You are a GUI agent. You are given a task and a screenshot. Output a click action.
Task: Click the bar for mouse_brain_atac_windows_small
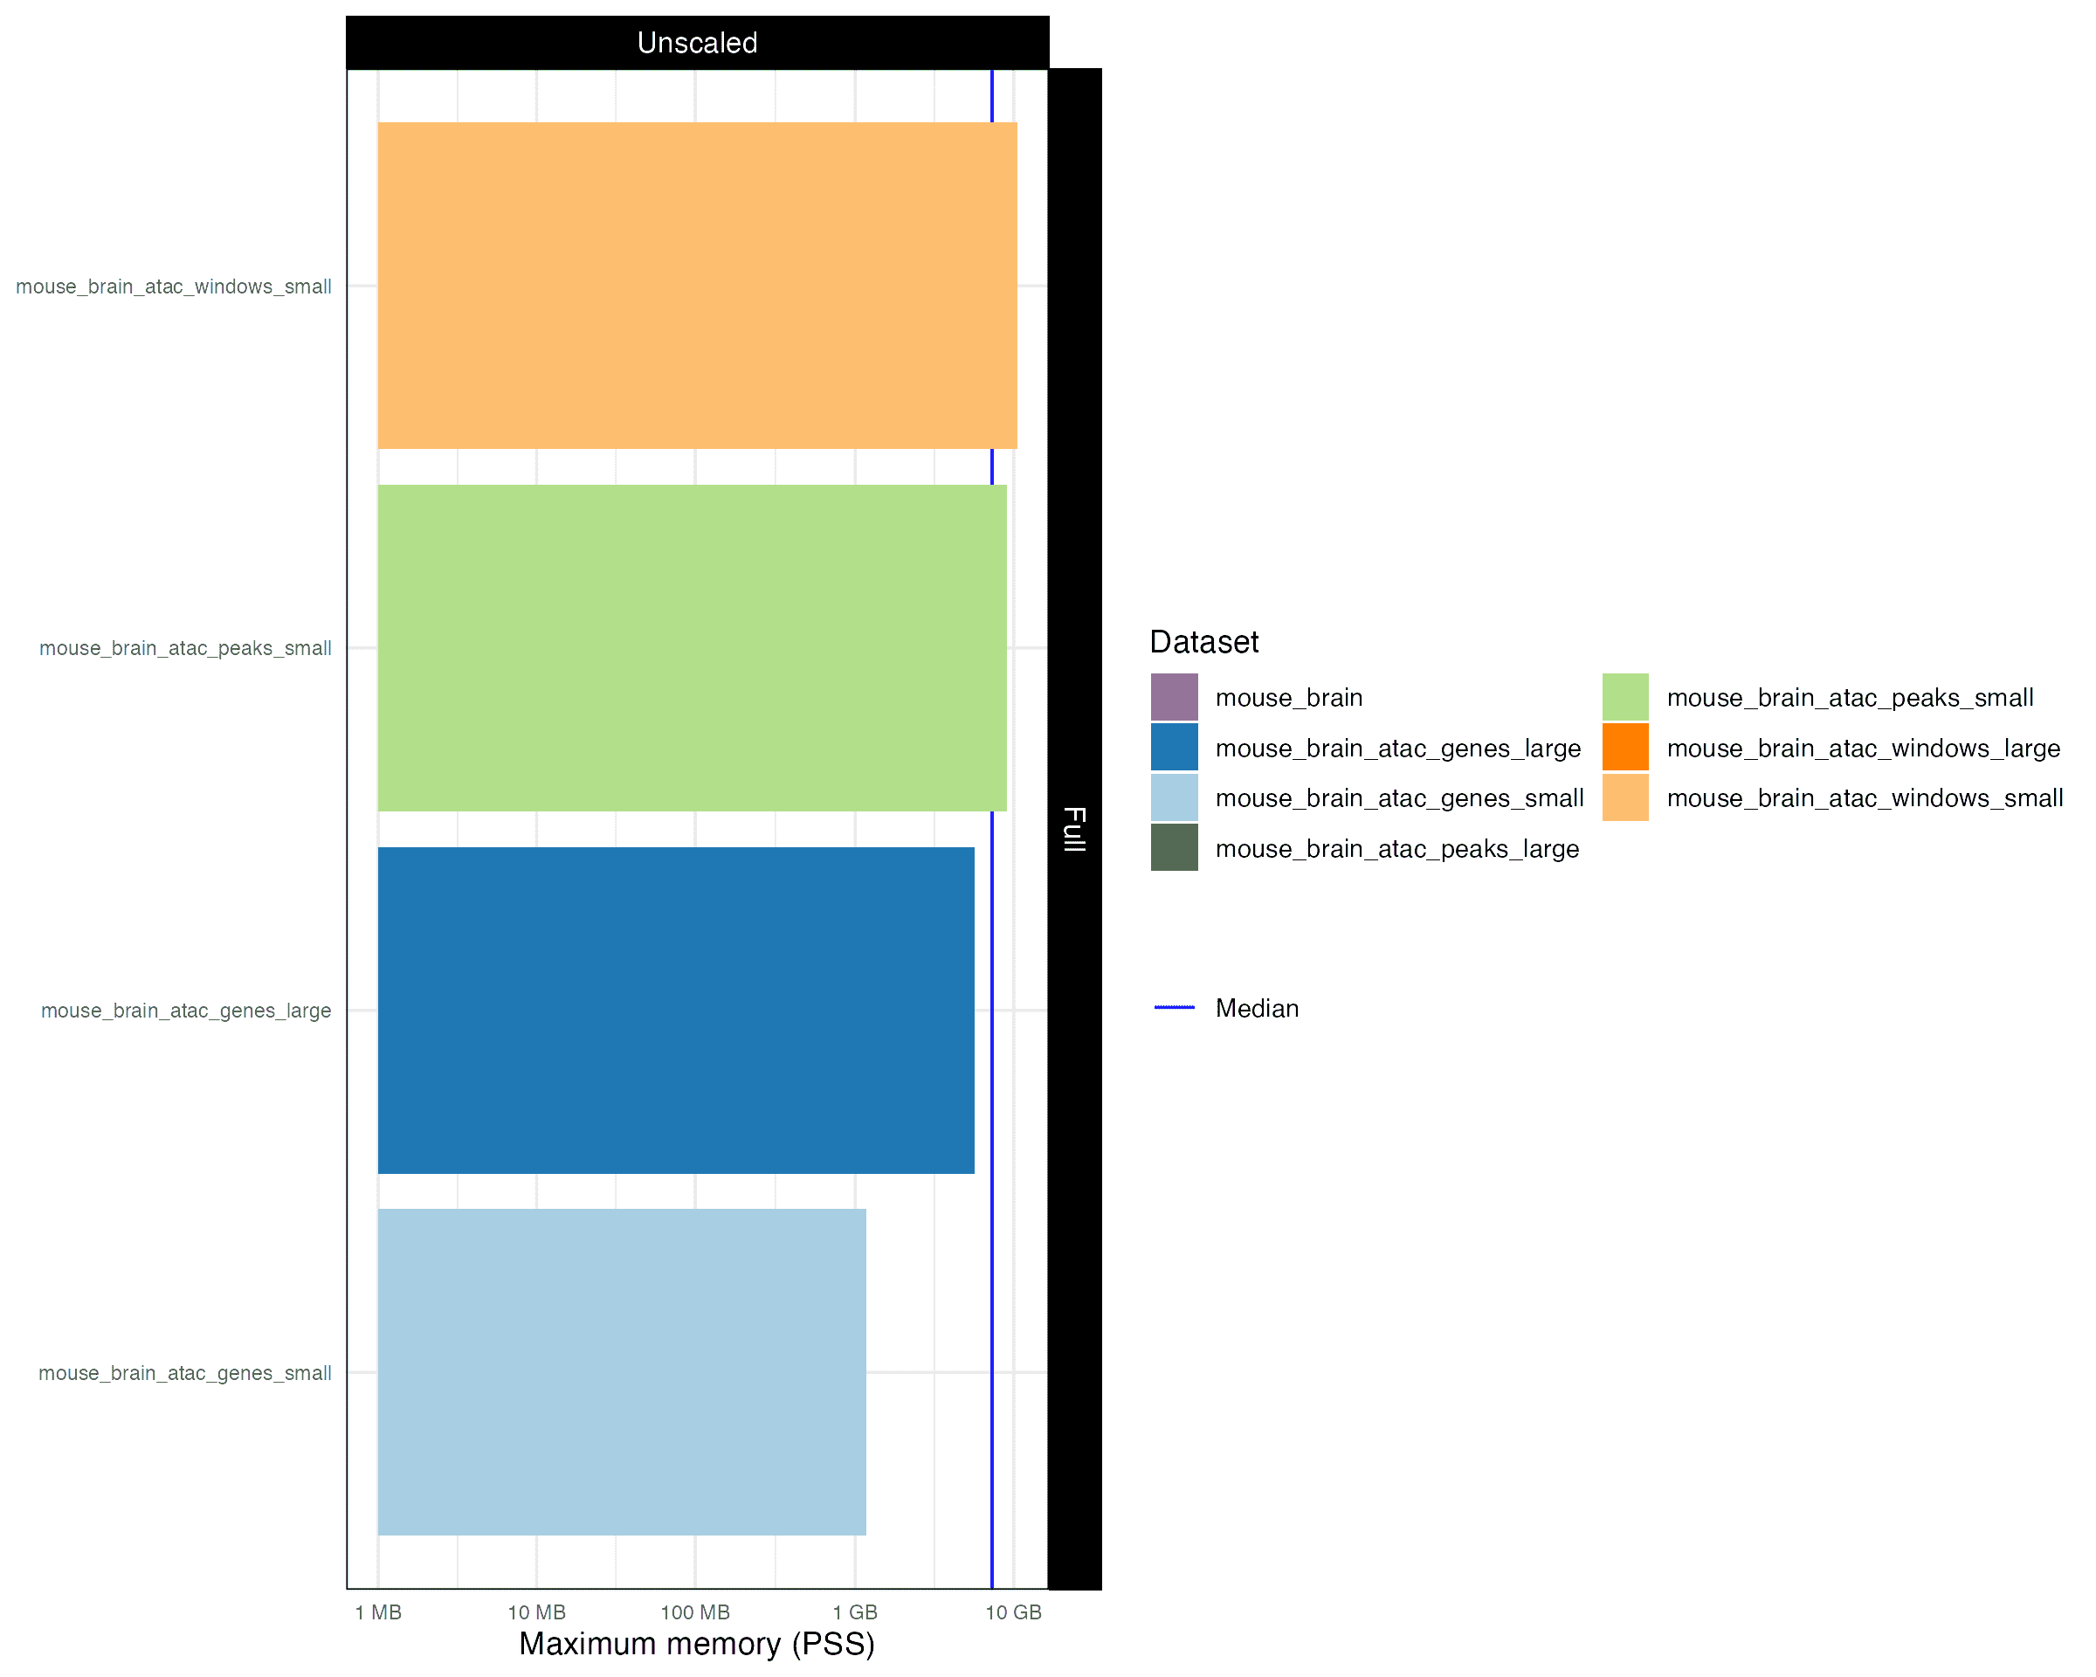696,285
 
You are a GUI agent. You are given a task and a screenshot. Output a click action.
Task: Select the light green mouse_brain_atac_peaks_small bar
691,647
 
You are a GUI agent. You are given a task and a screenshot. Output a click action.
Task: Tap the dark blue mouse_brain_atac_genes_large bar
675,1010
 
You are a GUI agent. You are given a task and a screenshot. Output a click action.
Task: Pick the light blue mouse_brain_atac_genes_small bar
621,1372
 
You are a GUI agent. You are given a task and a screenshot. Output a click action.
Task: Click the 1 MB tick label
377,1613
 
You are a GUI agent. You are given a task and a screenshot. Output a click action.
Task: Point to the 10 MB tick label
535,1613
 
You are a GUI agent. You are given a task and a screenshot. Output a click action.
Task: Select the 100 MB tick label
694,1613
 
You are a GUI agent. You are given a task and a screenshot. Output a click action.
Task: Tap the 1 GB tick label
854,1613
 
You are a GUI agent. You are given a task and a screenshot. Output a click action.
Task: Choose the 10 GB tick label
1013,1613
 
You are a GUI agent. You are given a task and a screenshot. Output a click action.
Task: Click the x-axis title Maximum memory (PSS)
696,1644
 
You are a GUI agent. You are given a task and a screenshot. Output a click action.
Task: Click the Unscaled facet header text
696,43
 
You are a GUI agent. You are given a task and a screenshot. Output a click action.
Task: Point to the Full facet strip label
1073,828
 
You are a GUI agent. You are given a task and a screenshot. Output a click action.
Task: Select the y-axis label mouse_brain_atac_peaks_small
185,648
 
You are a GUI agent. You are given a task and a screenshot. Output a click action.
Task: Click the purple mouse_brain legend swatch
1174,697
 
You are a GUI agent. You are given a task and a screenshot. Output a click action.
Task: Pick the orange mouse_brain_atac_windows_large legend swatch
1624,748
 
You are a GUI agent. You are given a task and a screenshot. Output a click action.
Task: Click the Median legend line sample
1174,1008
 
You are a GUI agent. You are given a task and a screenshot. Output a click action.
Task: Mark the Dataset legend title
1203,642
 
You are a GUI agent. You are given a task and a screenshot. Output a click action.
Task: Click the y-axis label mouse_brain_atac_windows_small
173,286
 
